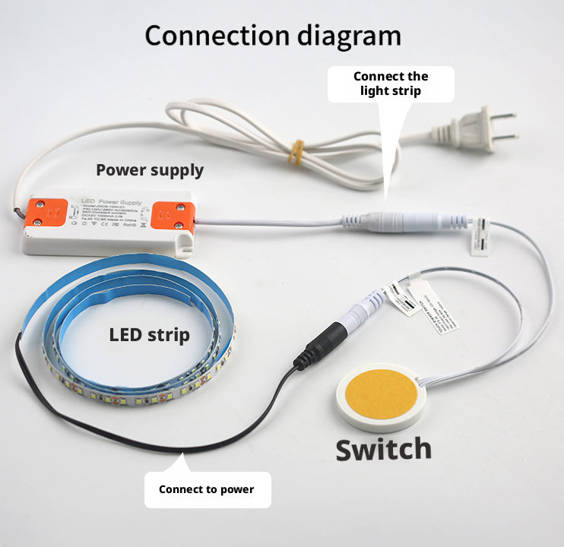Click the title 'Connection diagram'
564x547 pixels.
tap(272, 36)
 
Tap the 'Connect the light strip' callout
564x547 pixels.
tap(390, 84)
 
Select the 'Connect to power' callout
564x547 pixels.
tap(206, 489)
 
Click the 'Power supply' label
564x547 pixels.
tap(150, 169)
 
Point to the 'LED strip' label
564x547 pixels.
tap(149, 334)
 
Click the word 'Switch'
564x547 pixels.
tap(383, 449)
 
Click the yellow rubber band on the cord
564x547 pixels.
tap(296, 152)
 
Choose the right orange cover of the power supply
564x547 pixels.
tap(170, 215)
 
